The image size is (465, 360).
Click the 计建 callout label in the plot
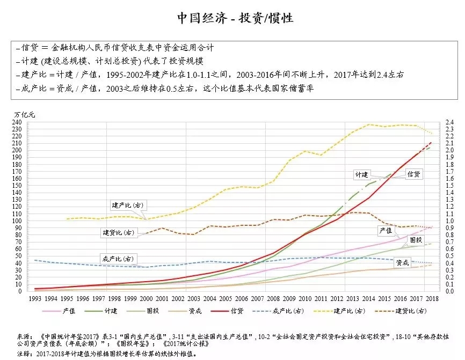pyautogui.click(x=361, y=175)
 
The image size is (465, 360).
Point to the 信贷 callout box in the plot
pyautogui.click(x=413, y=175)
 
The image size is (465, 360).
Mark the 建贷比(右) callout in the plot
pyautogui.click(x=118, y=233)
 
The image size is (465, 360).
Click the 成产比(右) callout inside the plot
pyautogui.click(x=117, y=259)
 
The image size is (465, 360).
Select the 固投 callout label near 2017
pyautogui.click(x=415, y=239)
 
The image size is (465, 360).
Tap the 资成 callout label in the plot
pyautogui.click(x=402, y=262)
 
